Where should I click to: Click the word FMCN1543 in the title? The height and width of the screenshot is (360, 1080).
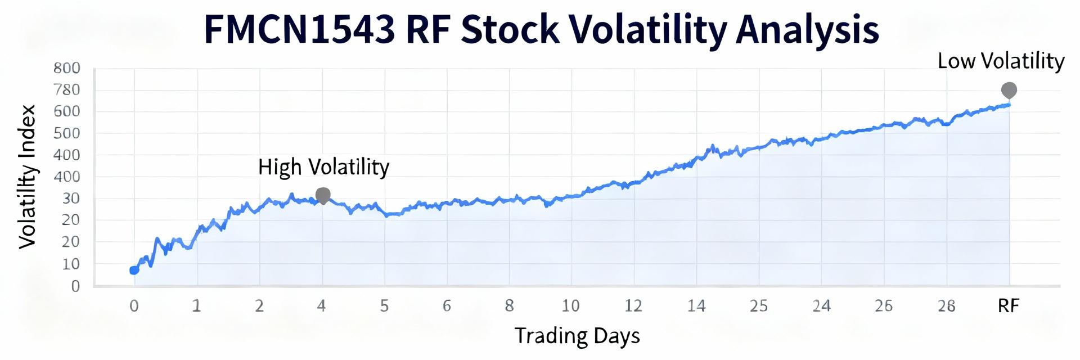pos(299,29)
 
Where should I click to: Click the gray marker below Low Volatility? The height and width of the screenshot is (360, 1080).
pos(1009,90)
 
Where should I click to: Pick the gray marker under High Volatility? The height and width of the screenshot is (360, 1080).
pos(323,195)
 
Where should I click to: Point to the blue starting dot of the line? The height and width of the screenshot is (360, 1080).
pos(134,270)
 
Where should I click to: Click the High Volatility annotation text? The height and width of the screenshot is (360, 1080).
pos(323,167)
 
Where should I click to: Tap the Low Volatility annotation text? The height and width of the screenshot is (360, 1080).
pos(1001,61)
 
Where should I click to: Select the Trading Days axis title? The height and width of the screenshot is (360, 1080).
pos(577,336)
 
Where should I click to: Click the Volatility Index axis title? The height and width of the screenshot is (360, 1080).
pos(28,176)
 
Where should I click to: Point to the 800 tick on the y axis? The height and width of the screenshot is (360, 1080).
pos(67,68)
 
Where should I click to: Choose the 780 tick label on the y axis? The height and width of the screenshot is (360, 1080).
pos(67,90)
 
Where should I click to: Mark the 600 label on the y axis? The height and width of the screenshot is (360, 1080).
pos(67,111)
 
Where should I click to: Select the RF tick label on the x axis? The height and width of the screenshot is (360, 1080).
pos(1008,306)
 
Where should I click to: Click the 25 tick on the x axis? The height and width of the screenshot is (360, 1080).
pos(758,306)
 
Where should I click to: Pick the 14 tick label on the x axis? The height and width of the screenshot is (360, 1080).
pos(696,306)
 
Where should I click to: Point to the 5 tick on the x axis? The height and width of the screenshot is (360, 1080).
pos(384,306)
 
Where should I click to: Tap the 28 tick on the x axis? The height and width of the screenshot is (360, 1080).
pos(947,306)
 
